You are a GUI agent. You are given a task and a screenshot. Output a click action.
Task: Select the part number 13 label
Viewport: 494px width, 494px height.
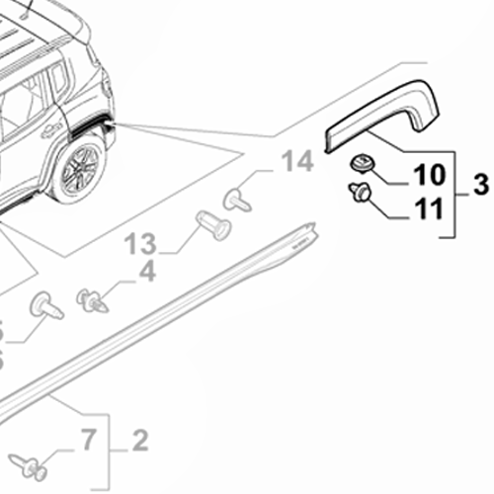(141, 239)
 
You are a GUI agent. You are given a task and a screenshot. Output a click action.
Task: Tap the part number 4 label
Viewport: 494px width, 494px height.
(146, 269)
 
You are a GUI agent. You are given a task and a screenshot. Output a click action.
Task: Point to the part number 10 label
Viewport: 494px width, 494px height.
(428, 177)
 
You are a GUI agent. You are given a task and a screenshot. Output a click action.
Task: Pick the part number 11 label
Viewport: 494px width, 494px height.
(428, 209)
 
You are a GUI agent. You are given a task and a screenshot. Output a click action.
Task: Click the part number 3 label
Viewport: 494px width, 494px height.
(481, 184)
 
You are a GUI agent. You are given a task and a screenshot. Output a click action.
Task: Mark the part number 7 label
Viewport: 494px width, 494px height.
(87, 438)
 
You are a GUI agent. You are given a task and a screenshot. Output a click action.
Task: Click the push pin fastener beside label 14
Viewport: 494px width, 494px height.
(237, 199)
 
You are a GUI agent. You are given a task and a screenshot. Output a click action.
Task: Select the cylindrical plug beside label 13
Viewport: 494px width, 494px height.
(211, 225)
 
